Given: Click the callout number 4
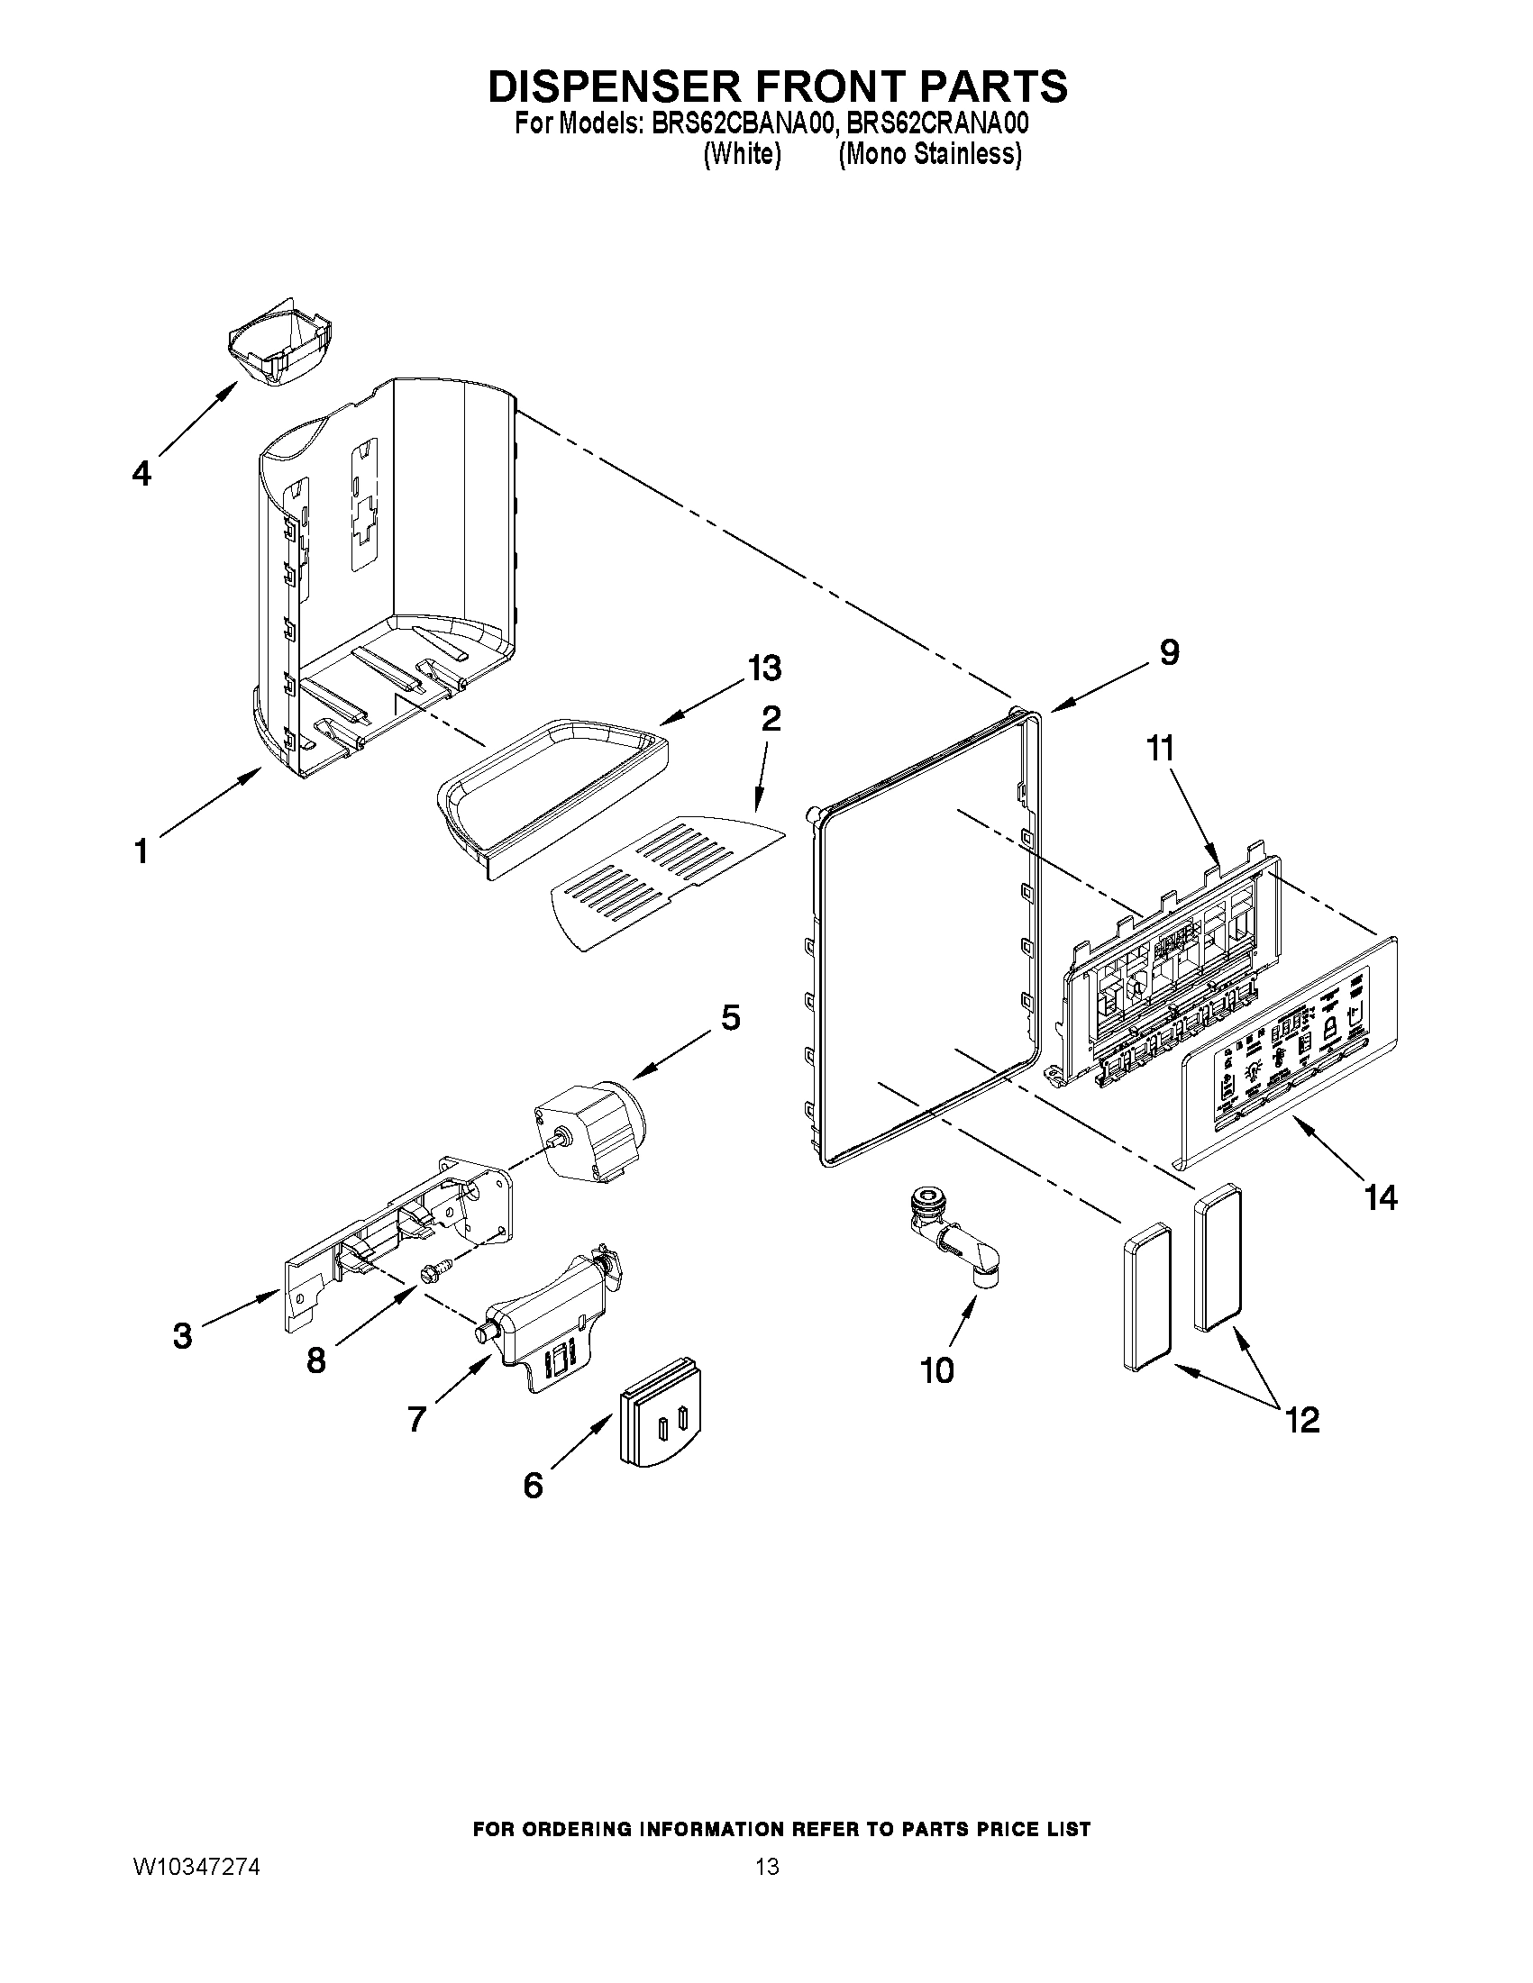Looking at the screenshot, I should [141, 473].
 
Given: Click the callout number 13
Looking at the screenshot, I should [763, 668].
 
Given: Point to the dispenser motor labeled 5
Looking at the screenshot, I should [590, 1129].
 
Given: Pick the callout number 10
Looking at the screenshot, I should [936, 1369].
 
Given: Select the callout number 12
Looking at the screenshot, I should [1302, 1419].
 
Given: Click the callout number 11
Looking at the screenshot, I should [1160, 748].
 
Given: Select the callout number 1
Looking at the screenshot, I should [141, 851].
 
